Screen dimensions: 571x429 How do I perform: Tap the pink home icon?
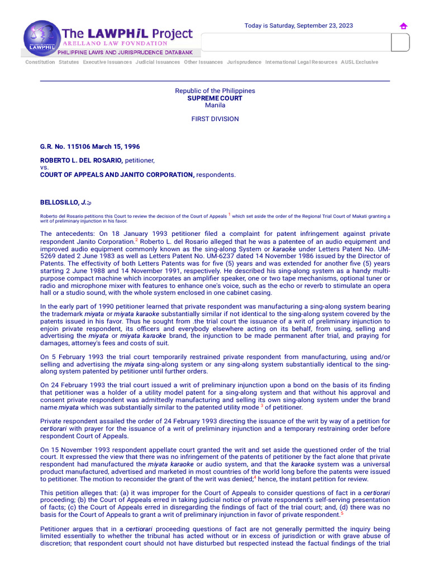403,26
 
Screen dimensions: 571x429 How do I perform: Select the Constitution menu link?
40,62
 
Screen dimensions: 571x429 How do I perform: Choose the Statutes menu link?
69,62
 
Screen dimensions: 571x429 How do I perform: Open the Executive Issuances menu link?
107,62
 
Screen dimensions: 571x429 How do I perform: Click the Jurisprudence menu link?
244,62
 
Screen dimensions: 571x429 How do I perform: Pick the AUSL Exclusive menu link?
359,62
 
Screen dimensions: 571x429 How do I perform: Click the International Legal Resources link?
301,62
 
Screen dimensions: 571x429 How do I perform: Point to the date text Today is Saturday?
299,26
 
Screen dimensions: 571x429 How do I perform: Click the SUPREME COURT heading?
215,98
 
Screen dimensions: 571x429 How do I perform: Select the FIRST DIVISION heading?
215,119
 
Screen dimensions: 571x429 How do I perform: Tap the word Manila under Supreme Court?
215,105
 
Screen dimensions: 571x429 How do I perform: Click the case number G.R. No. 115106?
90,147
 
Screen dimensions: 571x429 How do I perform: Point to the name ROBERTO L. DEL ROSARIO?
81,161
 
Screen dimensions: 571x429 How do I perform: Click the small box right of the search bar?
400,42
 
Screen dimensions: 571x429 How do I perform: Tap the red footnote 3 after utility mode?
262,405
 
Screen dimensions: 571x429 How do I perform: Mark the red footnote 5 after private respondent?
342,512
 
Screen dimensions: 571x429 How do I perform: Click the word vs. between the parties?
45,167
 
